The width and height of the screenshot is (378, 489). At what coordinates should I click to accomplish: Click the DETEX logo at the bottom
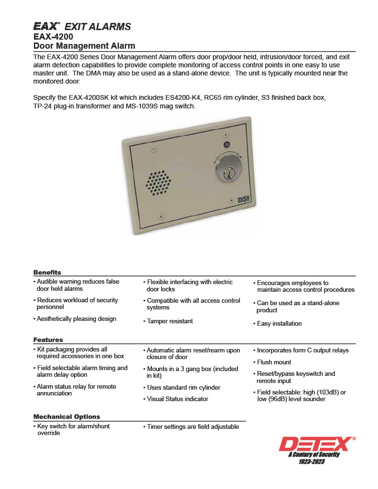coord(317,444)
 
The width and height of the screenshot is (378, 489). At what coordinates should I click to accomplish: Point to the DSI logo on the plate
coord(244,202)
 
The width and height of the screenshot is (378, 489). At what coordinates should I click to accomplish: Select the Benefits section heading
coord(47,272)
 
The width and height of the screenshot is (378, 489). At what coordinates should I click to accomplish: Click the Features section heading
coord(48,340)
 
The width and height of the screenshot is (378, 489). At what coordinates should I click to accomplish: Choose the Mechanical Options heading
coord(66,416)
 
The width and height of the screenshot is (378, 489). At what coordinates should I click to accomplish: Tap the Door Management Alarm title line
coord(84,46)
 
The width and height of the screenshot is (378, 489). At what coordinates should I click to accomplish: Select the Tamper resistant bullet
coord(170,321)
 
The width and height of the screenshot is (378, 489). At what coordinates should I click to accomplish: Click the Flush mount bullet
coord(274,362)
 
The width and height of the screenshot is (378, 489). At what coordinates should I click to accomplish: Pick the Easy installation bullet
coord(279,323)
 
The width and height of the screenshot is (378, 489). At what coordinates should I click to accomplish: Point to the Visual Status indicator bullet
coord(177,399)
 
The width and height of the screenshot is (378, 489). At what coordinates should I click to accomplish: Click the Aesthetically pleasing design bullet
coord(76,319)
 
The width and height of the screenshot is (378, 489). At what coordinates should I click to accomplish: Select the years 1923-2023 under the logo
coord(312,462)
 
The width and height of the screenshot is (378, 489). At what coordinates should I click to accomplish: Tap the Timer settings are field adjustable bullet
coord(193,426)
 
